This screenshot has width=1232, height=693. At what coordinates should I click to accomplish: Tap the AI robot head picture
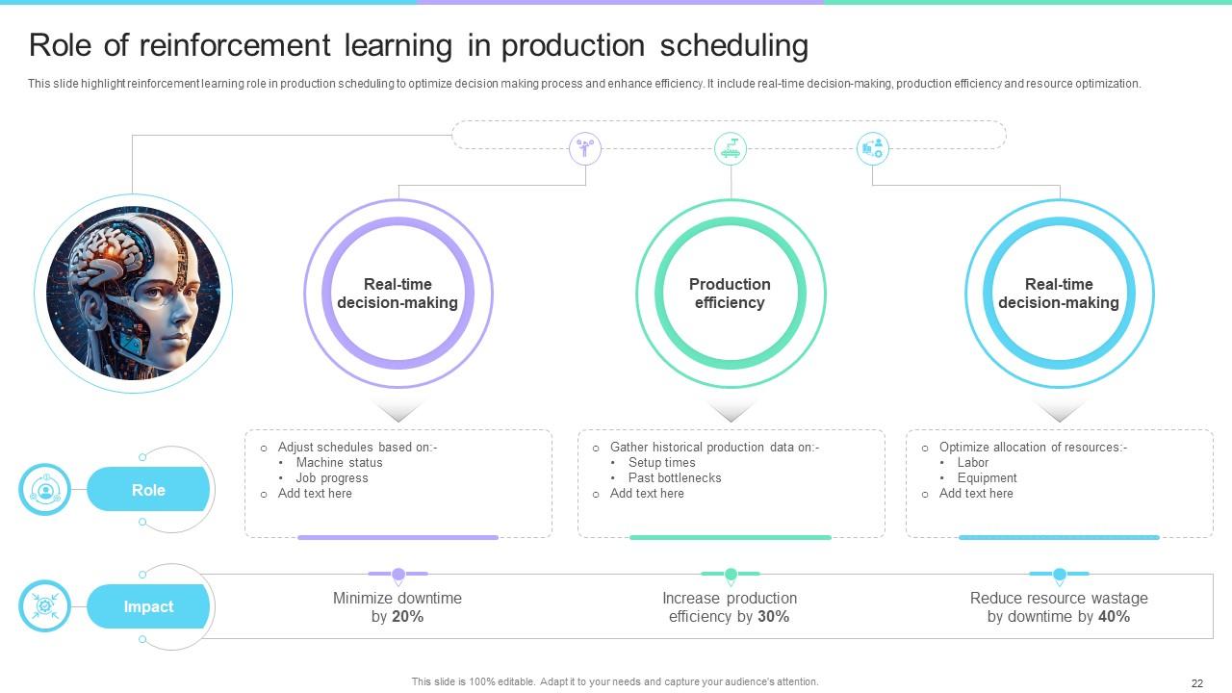(x=134, y=293)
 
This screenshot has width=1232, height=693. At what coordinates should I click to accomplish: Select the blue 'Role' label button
(x=148, y=490)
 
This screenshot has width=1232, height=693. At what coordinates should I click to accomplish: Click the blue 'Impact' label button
(x=148, y=607)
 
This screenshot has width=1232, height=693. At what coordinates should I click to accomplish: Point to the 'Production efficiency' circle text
(x=730, y=294)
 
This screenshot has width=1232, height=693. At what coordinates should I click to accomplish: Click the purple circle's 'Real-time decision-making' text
(x=398, y=294)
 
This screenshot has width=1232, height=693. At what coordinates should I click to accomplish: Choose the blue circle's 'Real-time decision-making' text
(x=1059, y=294)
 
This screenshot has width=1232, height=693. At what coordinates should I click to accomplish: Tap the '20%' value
(x=407, y=617)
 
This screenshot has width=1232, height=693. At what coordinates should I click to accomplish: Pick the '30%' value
(x=773, y=617)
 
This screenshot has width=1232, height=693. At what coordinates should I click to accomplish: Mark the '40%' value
(x=1114, y=617)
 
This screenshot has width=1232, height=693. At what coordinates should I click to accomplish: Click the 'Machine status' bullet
(x=339, y=463)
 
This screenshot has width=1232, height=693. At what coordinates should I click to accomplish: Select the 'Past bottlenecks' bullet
(x=675, y=478)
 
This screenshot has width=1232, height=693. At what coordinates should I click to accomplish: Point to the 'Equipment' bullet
(x=987, y=478)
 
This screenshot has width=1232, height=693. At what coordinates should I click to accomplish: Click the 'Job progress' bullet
(x=332, y=478)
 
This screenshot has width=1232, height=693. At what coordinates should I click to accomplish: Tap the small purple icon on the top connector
(x=584, y=148)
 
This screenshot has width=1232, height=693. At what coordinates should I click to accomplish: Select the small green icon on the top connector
(x=731, y=148)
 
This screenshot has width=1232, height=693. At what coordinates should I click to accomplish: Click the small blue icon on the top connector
(x=873, y=148)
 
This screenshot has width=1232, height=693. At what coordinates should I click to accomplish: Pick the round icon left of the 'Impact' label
(x=44, y=606)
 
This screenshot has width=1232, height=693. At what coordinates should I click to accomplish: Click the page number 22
(x=1197, y=683)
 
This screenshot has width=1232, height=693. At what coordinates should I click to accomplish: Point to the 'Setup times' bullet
(x=661, y=463)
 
